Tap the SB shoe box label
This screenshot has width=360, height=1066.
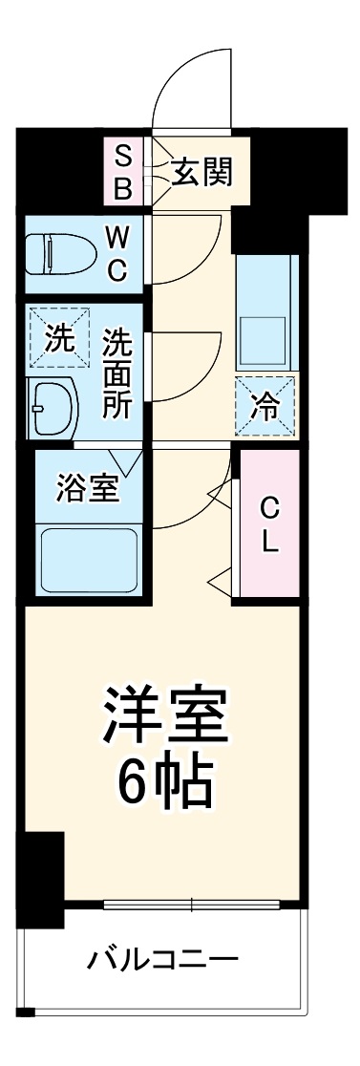point(123,173)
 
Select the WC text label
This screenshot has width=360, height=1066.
point(116,252)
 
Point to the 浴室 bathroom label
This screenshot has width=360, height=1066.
point(88,488)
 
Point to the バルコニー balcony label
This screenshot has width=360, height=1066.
point(164,958)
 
